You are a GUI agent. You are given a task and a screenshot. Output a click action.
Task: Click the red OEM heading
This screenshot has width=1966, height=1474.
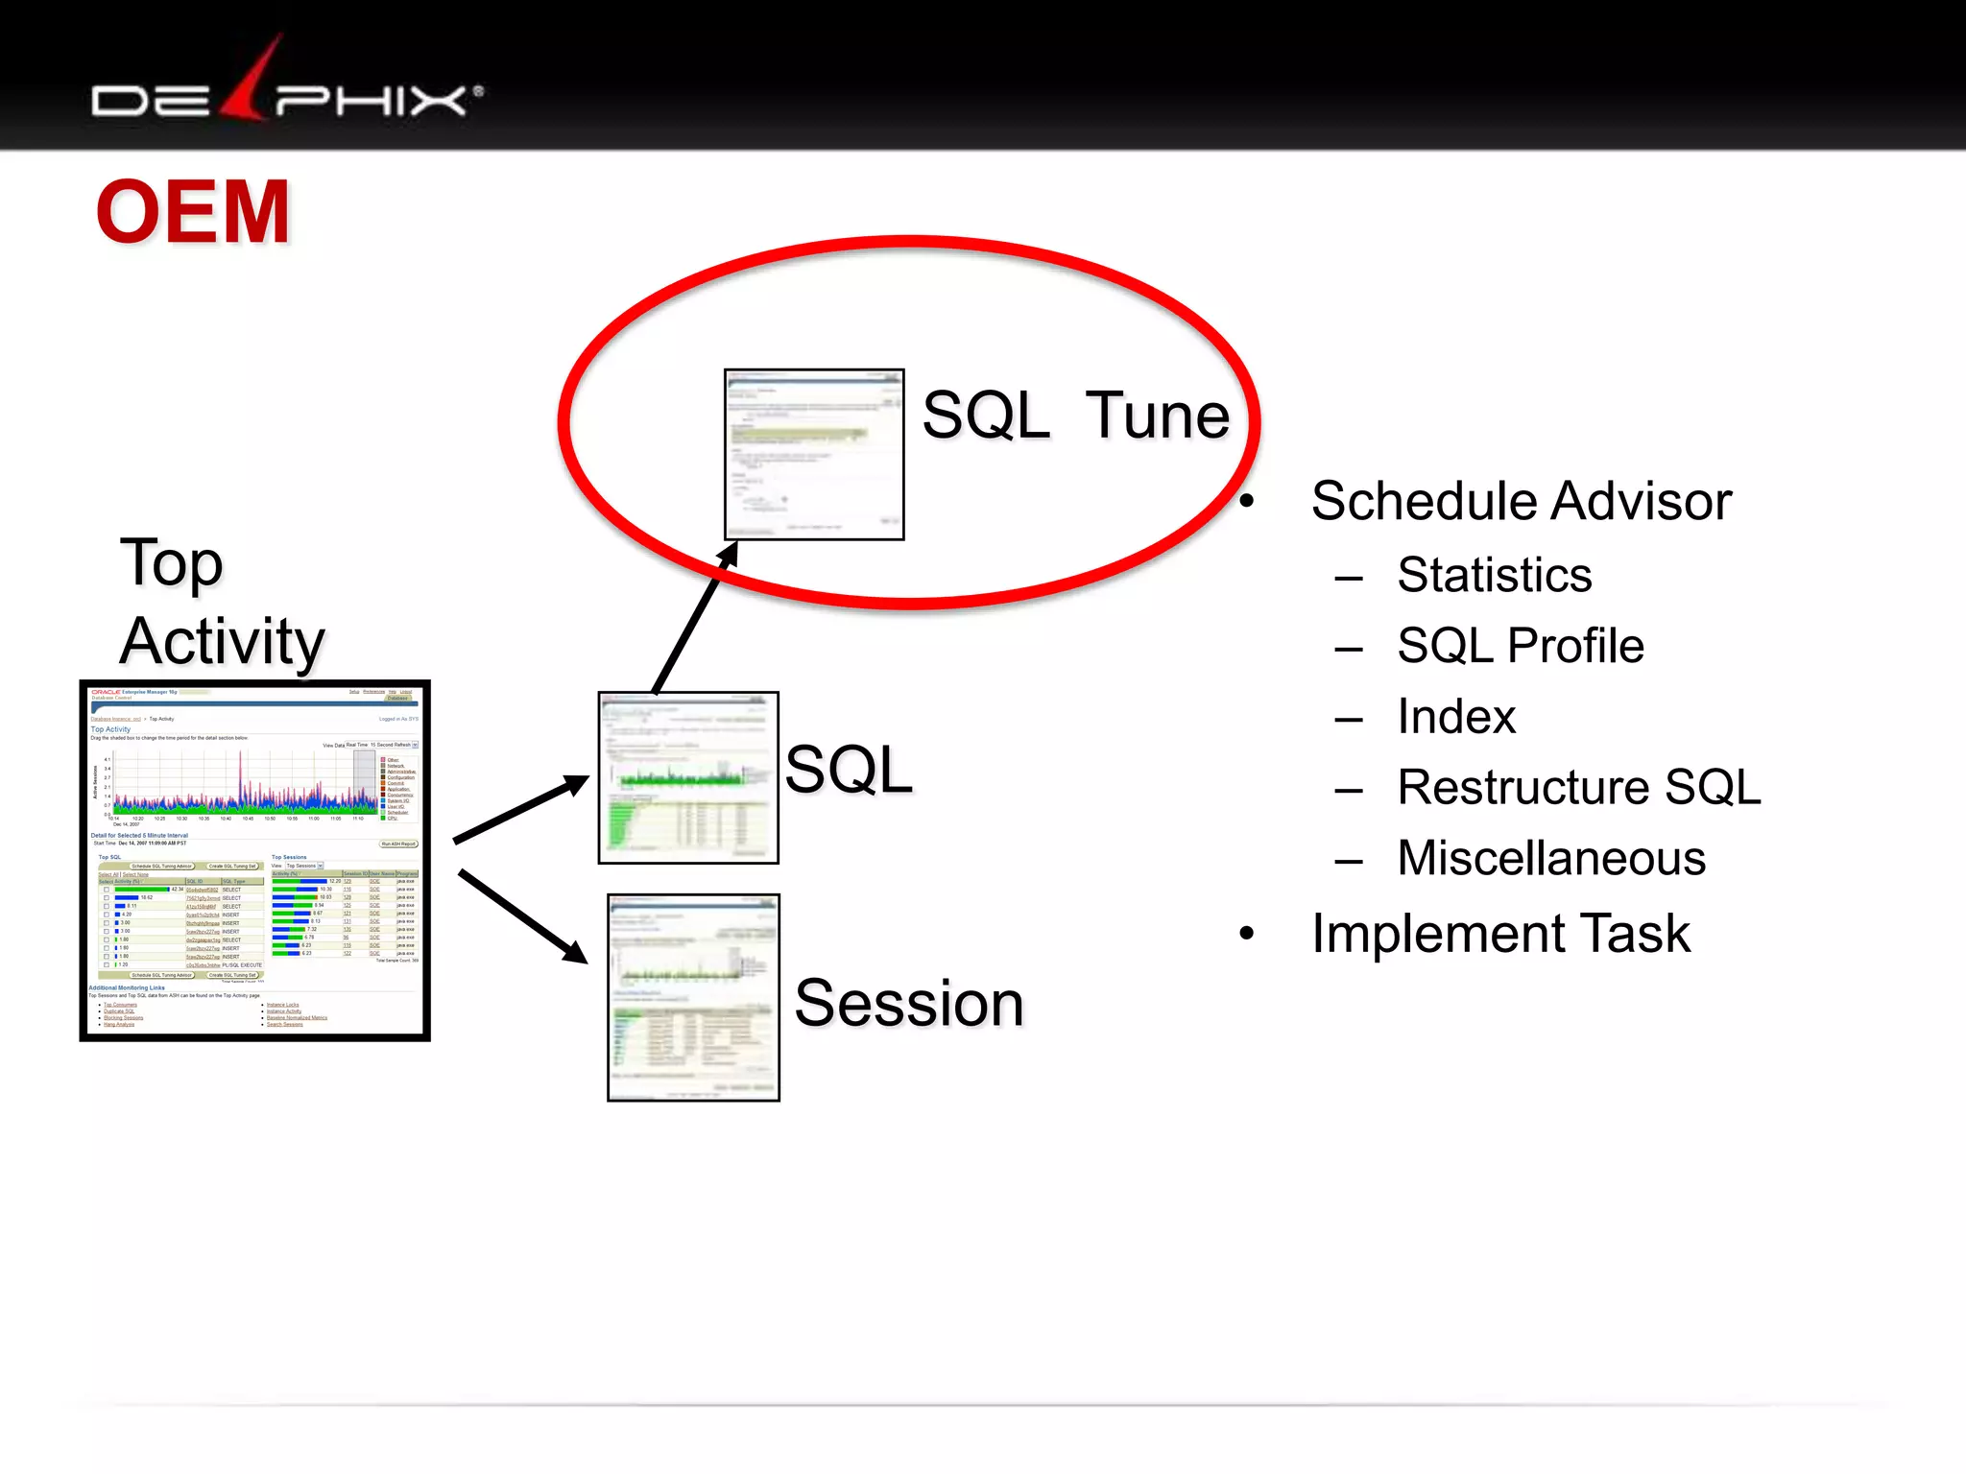pos(193,212)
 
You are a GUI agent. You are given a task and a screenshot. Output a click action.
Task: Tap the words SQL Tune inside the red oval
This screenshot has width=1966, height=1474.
pos(1075,416)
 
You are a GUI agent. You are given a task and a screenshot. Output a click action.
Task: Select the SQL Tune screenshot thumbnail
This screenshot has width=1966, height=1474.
pos(813,454)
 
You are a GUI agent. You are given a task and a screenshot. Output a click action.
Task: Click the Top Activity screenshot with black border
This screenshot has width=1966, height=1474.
pos(254,860)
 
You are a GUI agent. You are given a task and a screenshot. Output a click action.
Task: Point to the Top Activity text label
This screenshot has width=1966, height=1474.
pos(222,602)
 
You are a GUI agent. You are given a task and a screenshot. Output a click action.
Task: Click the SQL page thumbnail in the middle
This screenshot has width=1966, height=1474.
pos(687,777)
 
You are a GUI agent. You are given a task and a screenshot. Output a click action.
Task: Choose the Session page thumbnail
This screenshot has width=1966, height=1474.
pos(693,997)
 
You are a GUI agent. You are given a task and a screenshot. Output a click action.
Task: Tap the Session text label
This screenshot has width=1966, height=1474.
pos(909,1004)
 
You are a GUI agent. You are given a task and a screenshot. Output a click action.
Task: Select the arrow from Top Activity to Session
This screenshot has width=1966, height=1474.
pos(523,916)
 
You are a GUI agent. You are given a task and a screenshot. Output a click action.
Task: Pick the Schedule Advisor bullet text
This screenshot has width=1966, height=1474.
pos(1521,502)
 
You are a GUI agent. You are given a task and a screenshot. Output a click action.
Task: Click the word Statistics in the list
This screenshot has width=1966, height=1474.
pos(1494,576)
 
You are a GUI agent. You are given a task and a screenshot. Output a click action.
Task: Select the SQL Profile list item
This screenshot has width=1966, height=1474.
pos(1520,646)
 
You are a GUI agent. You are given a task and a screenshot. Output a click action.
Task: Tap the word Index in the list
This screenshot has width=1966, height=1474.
pos(1455,717)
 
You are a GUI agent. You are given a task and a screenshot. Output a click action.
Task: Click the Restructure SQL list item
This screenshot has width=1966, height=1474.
pos(1578,788)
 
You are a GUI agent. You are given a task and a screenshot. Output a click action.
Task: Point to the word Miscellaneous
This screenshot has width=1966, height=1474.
pos(1550,859)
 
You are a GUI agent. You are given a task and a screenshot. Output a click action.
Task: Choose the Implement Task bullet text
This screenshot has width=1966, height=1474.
pos(1500,934)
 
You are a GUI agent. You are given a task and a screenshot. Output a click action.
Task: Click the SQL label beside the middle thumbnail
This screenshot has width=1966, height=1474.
pos(849,770)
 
